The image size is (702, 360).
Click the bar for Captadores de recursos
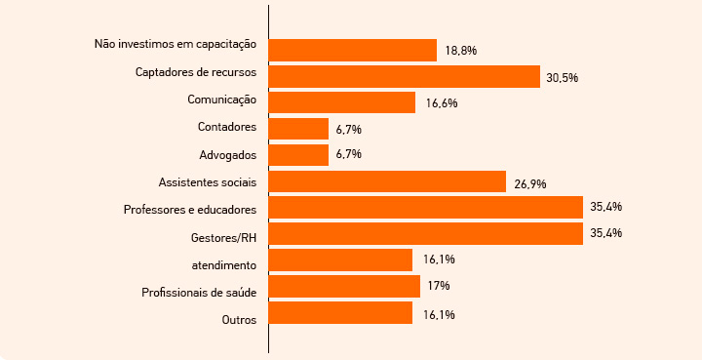pos(404,76)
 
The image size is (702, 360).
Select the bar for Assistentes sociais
pos(387,181)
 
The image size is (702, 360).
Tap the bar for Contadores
pos(298,129)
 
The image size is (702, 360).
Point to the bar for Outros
pos(340,313)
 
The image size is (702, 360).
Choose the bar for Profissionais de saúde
pos(344,287)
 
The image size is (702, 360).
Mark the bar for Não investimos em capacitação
pos(352,50)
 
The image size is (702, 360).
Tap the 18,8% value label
pos(460,50)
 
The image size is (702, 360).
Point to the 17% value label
pos(438,287)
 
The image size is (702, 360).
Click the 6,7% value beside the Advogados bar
pos(349,155)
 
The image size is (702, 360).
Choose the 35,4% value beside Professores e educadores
pos(606,208)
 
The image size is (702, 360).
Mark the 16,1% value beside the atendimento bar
pos(439,260)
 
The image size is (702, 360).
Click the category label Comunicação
pos(221,100)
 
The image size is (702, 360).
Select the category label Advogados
pos(227,155)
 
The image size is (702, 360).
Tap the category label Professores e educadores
pos(190,210)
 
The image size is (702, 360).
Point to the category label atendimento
pos(224,264)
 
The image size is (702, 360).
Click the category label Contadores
pos(226,127)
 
